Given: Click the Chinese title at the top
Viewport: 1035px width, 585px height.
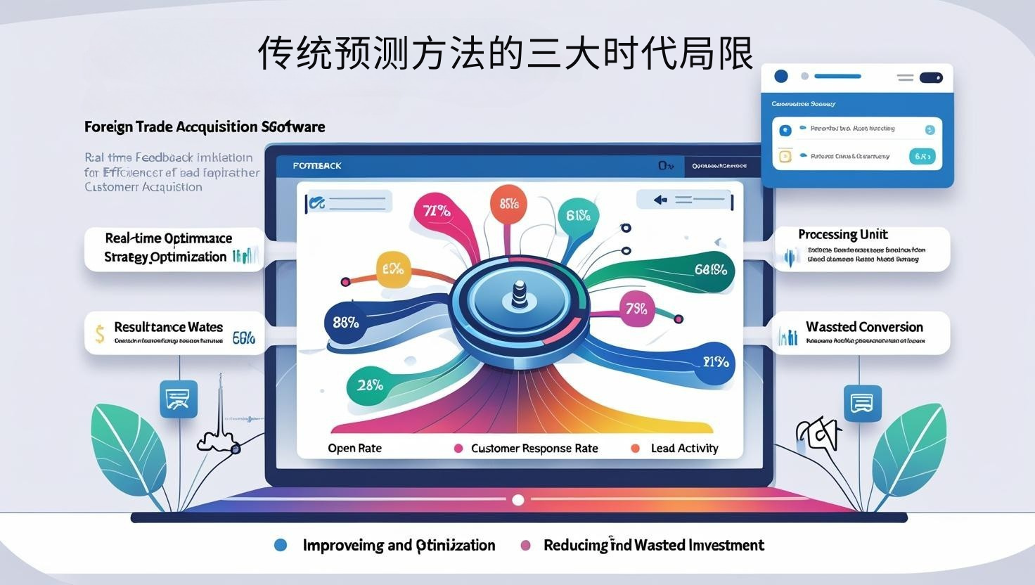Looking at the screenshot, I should [x=506, y=53].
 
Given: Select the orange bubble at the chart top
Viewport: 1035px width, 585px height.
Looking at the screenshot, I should [x=508, y=204].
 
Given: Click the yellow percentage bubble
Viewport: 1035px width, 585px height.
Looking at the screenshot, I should [x=393, y=269].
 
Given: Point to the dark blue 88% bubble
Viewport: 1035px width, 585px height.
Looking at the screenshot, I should [x=346, y=323].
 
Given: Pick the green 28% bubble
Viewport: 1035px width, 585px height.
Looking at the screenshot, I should [x=369, y=385].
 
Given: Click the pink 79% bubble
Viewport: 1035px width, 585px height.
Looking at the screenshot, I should [x=636, y=309].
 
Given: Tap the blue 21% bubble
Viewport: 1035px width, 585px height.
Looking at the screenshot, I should [x=715, y=363].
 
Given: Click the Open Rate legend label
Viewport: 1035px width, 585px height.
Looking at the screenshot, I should [x=354, y=449].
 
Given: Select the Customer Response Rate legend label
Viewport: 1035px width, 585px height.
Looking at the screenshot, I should [x=534, y=449].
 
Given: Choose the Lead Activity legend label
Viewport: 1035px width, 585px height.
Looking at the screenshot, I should [x=684, y=449].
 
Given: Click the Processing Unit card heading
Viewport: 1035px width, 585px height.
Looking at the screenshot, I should [x=842, y=235].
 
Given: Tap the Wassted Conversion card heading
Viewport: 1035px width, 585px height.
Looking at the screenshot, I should [x=864, y=327].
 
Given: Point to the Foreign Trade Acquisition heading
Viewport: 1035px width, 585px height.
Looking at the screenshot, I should [x=205, y=127].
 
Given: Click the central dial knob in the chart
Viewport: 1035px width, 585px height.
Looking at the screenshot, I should [x=518, y=296].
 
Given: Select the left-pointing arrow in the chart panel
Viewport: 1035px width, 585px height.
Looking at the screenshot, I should [x=660, y=200].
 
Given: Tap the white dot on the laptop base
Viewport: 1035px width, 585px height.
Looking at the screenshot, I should [x=518, y=500].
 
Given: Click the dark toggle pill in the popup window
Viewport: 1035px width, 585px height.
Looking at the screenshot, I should [x=930, y=77].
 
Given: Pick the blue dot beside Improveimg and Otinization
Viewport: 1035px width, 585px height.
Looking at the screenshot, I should [x=281, y=545].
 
